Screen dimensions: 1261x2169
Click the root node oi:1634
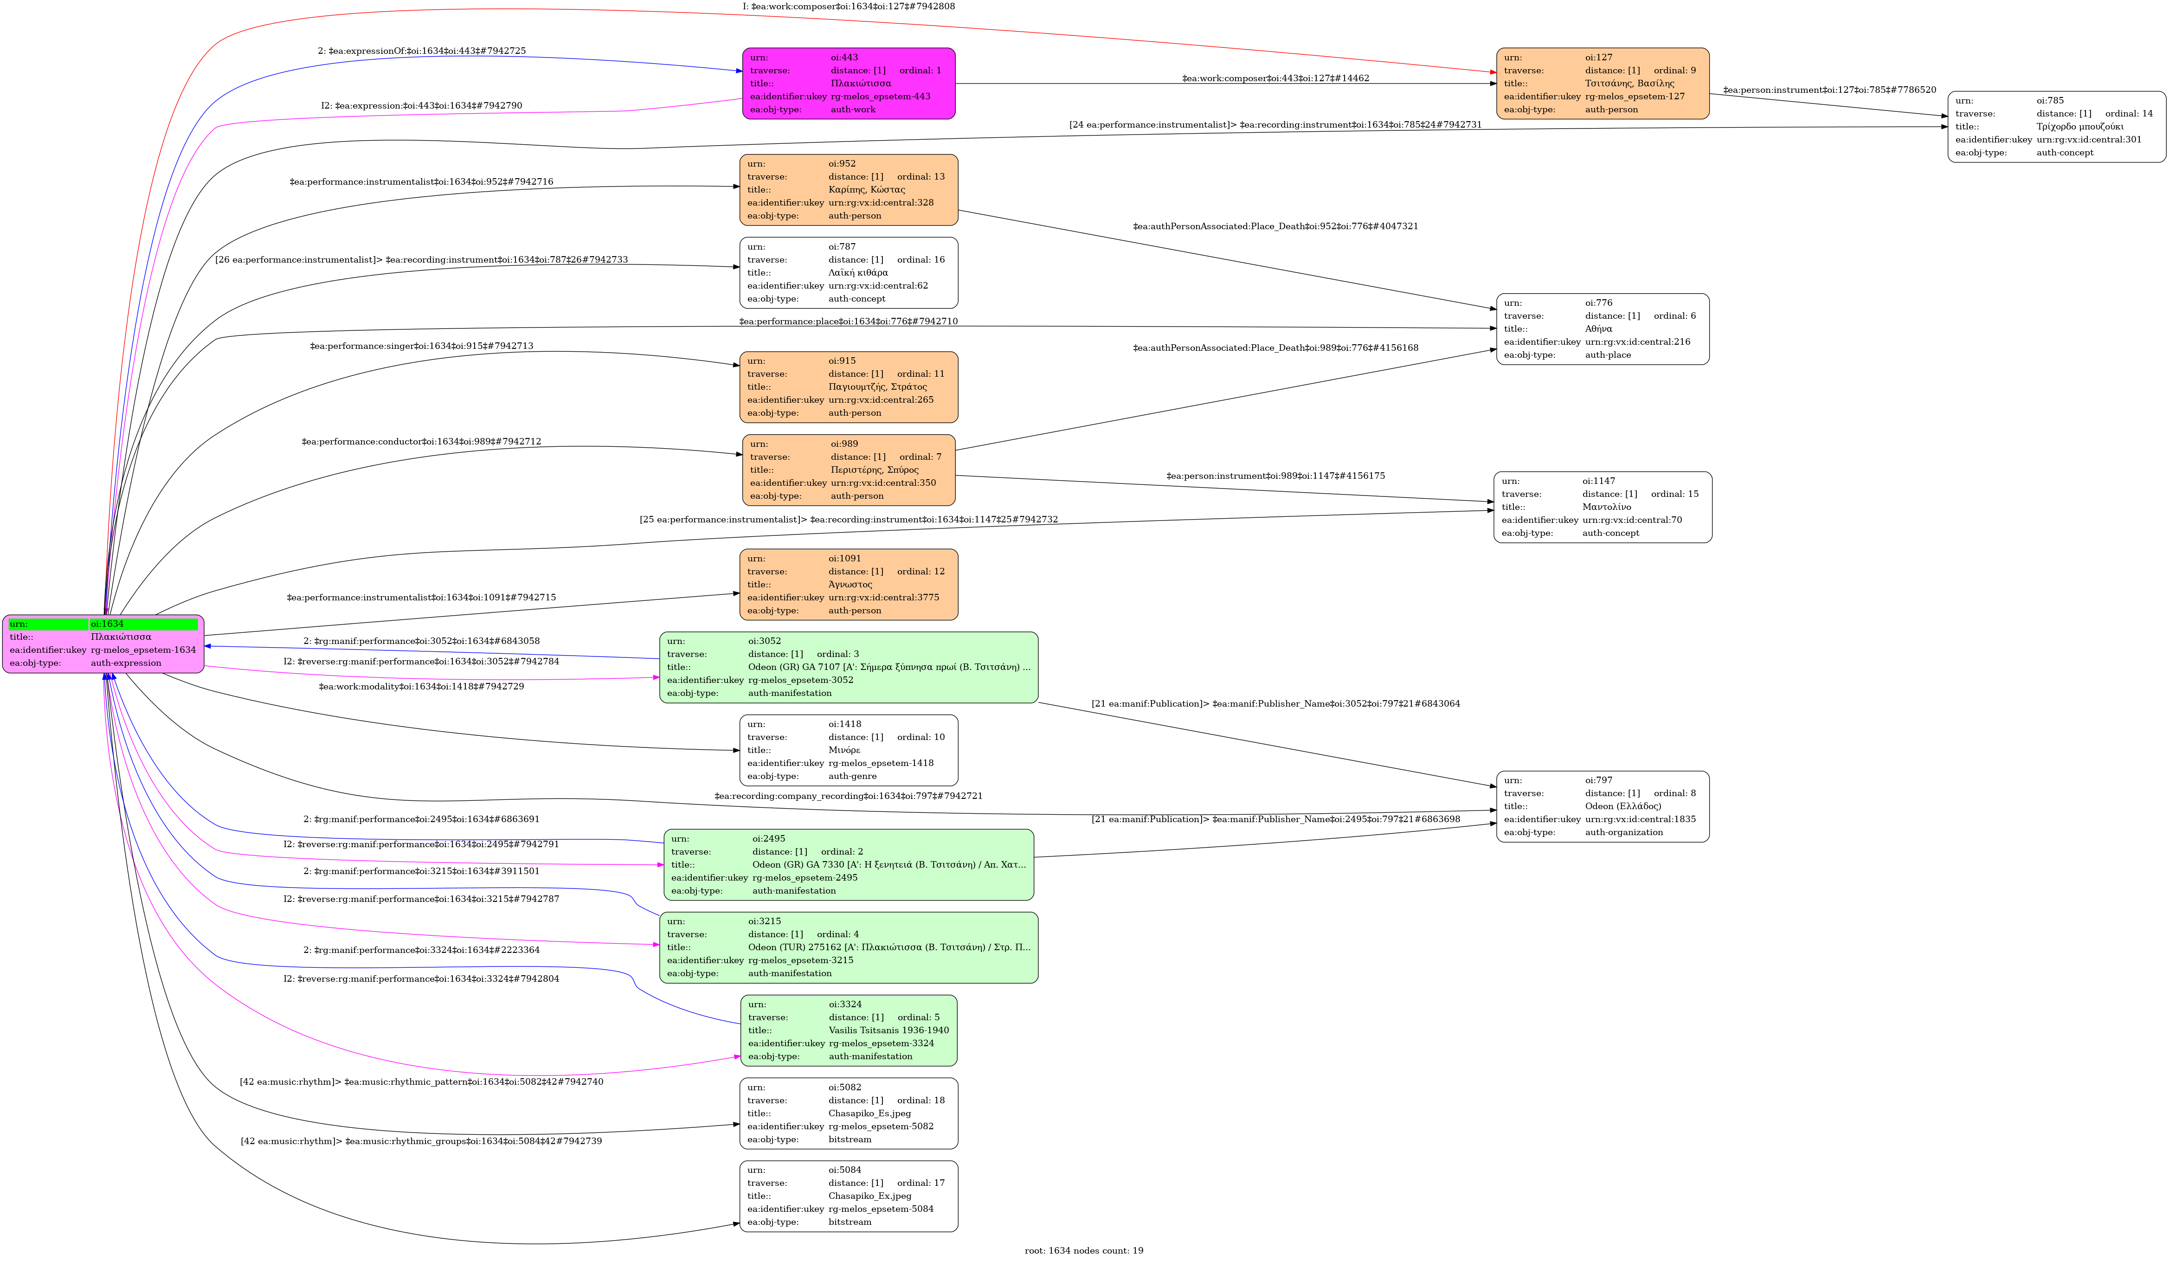coord(103,644)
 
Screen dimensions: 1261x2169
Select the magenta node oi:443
coord(849,84)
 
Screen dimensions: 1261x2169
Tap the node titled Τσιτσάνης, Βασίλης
coord(1603,84)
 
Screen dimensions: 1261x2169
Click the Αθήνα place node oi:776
coord(1603,329)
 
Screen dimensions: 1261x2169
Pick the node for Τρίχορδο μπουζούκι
coord(2057,127)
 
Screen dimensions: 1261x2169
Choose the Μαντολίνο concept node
coord(1603,507)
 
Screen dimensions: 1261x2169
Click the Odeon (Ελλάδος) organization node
coord(1603,806)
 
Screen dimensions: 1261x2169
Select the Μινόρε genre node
coord(849,750)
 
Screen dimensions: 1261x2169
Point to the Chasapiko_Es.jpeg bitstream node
coord(849,1113)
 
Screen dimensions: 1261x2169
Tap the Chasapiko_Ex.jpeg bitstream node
coord(849,1196)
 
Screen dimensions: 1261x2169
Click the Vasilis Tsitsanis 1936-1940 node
coord(849,1030)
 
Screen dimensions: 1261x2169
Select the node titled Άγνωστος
coord(849,585)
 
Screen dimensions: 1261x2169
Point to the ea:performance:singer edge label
coord(422,346)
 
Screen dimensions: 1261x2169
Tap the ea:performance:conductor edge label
coord(422,442)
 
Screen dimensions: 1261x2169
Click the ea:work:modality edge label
coord(422,686)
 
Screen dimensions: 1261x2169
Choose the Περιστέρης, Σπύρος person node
coord(849,470)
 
